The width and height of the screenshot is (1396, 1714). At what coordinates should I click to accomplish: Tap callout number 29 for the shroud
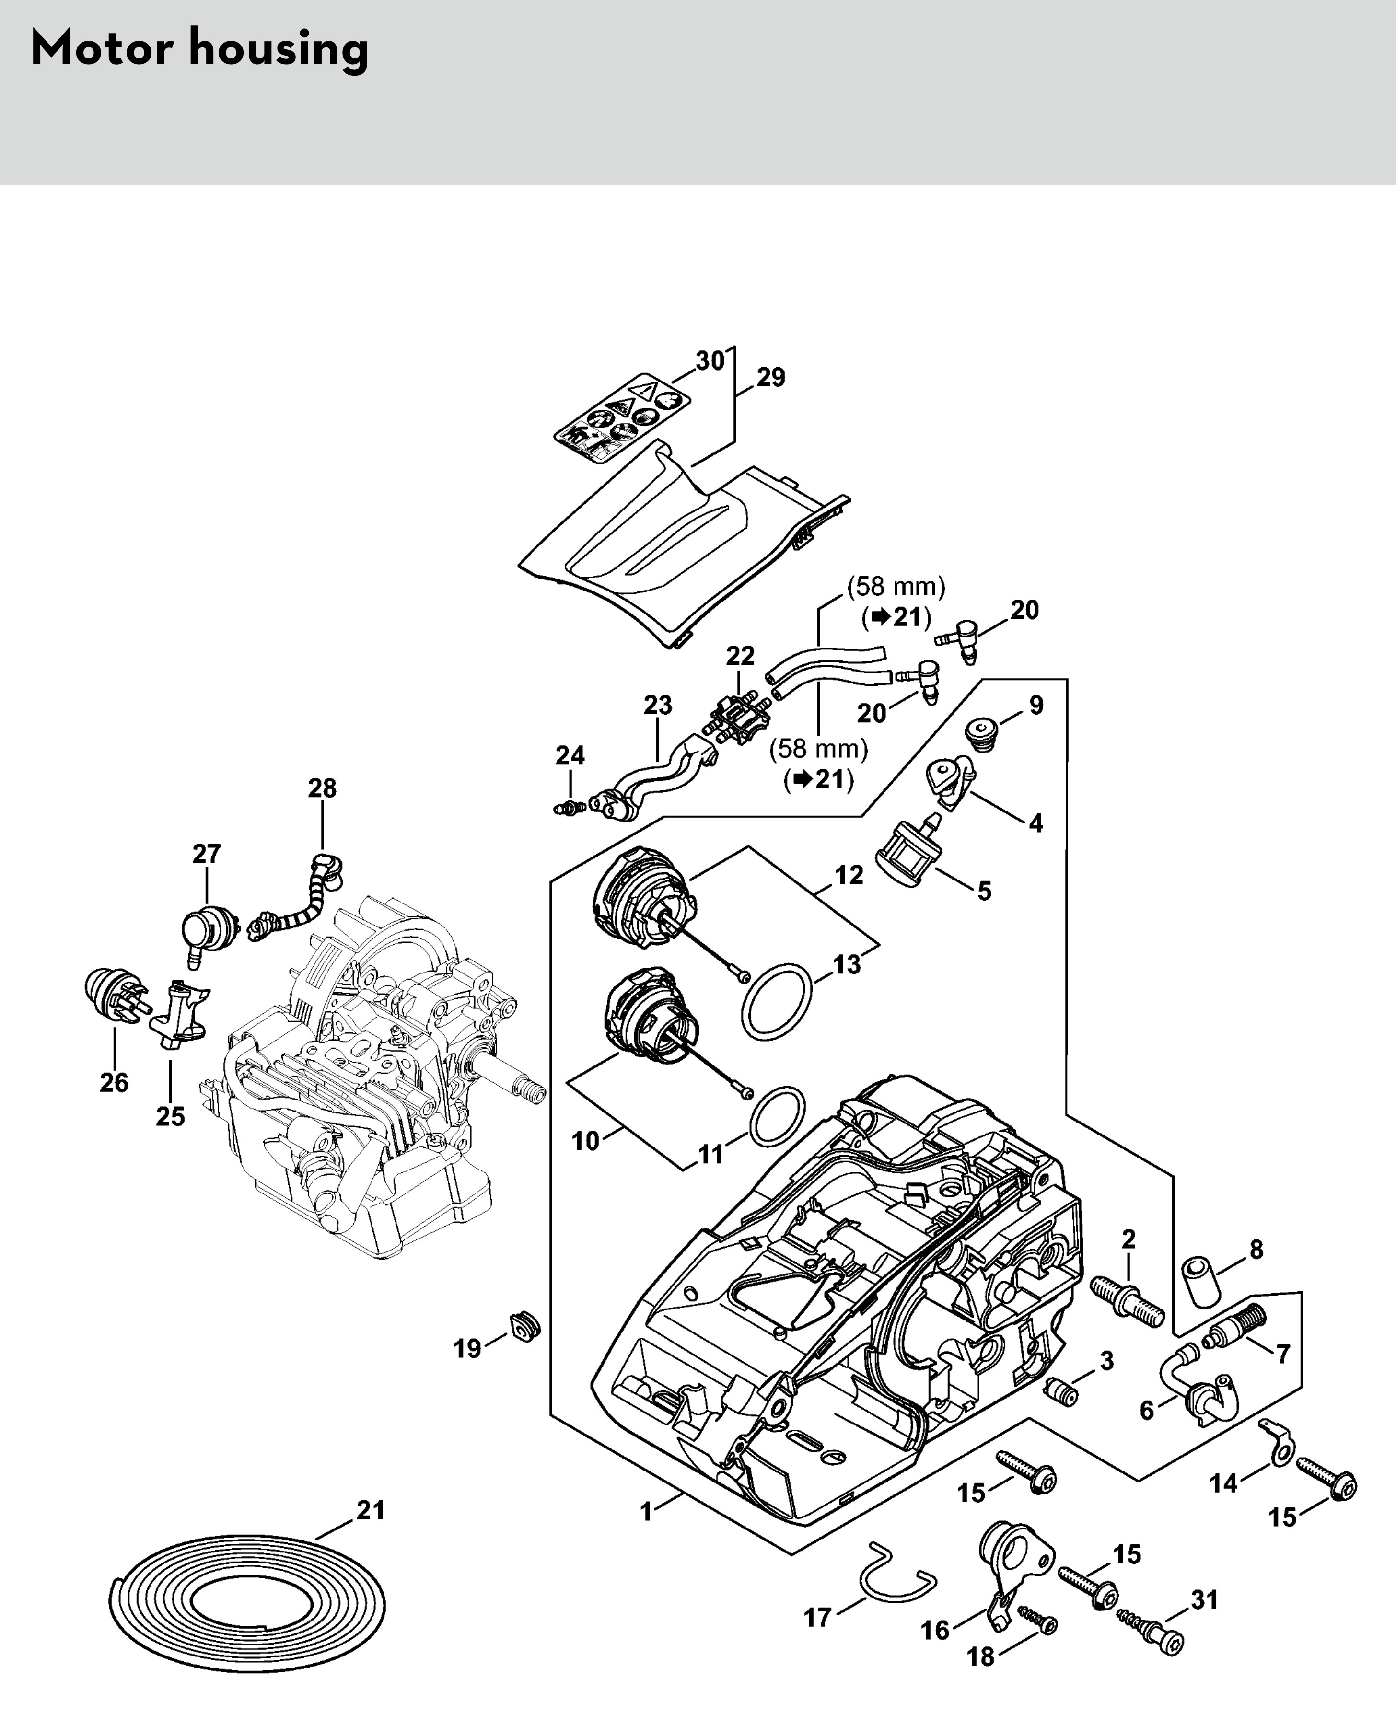coord(770,377)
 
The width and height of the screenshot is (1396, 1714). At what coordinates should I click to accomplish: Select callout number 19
coord(467,1348)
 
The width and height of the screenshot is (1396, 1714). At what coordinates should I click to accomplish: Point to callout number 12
coord(849,875)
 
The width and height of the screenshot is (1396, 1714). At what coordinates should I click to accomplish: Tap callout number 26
coord(114,1082)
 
